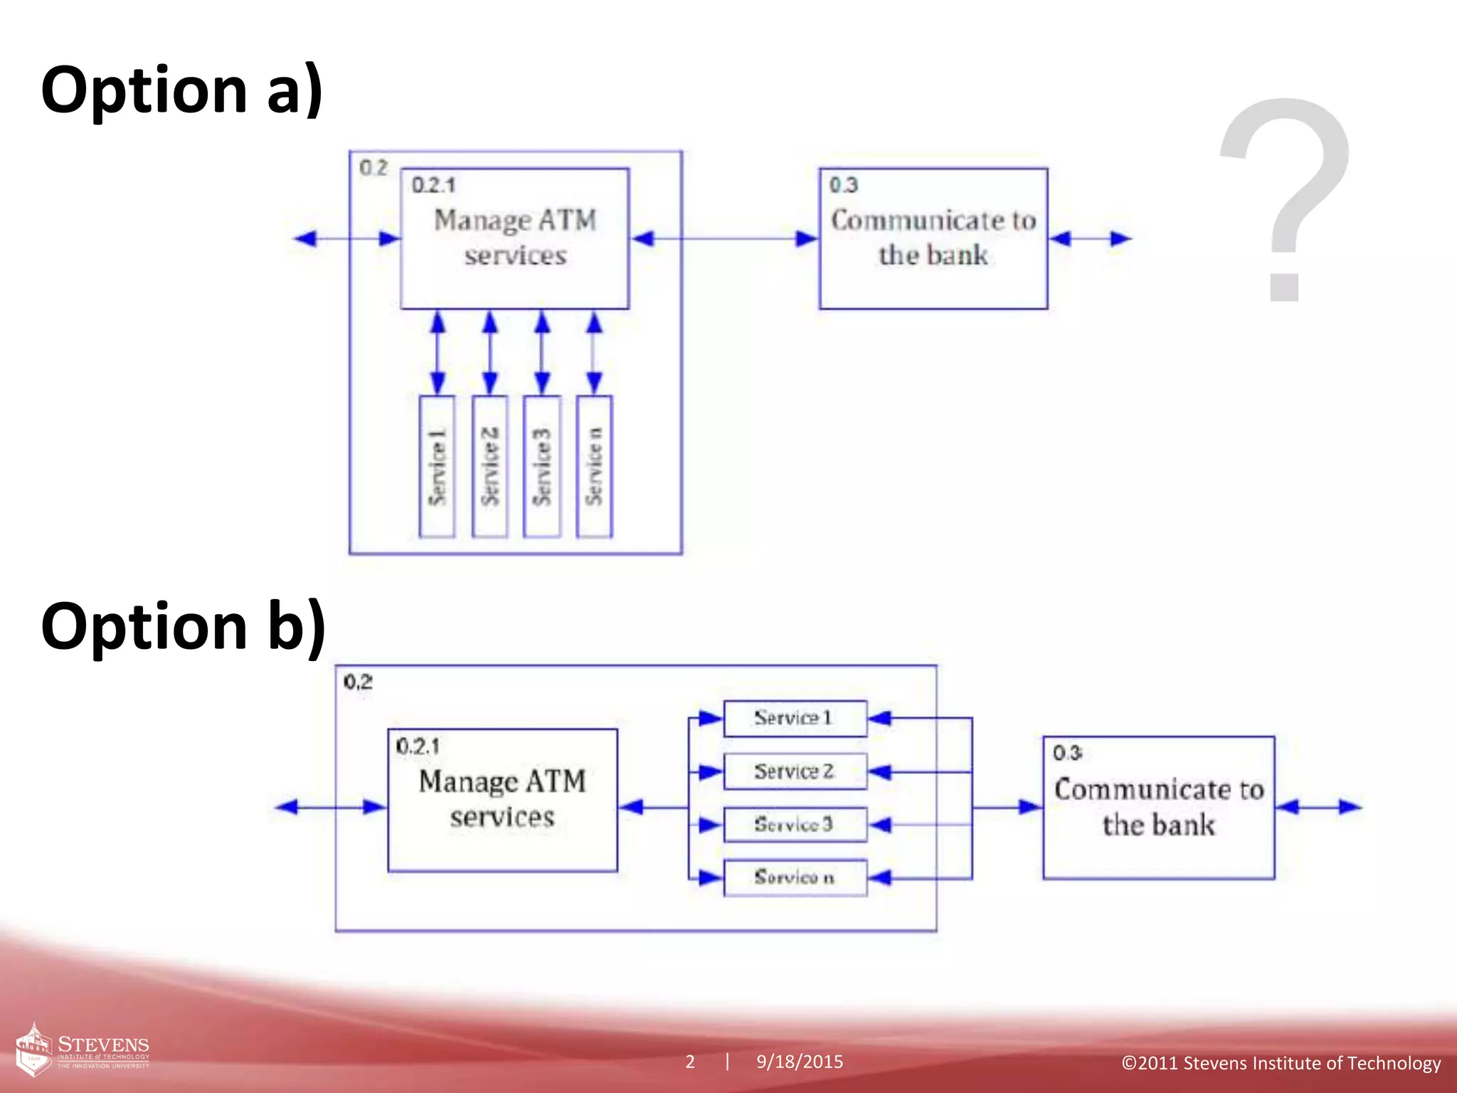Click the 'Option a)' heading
[x=182, y=90]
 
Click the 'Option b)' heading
[x=184, y=626]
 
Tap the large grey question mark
[x=1285, y=199]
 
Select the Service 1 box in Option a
[x=437, y=466]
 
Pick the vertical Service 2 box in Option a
[x=489, y=466]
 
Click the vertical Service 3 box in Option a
[x=541, y=466]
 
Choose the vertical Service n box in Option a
[x=594, y=466]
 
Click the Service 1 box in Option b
[x=795, y=718]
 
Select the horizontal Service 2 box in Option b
[x=795, y=771]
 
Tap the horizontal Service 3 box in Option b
[x=795, y=825]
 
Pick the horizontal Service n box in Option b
[x=795, y=877]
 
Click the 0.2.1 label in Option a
[x=433, y=186]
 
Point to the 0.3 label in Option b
[x=1067, y=753]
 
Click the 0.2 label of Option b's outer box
[x=358, y=682]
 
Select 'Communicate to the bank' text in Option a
[x=933, y=238]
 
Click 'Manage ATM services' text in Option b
[x=502, y=799]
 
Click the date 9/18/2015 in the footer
[x=800, y=1062]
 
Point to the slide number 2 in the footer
[x=690, y=1062]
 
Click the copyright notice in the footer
[x=1281, y=1063]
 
